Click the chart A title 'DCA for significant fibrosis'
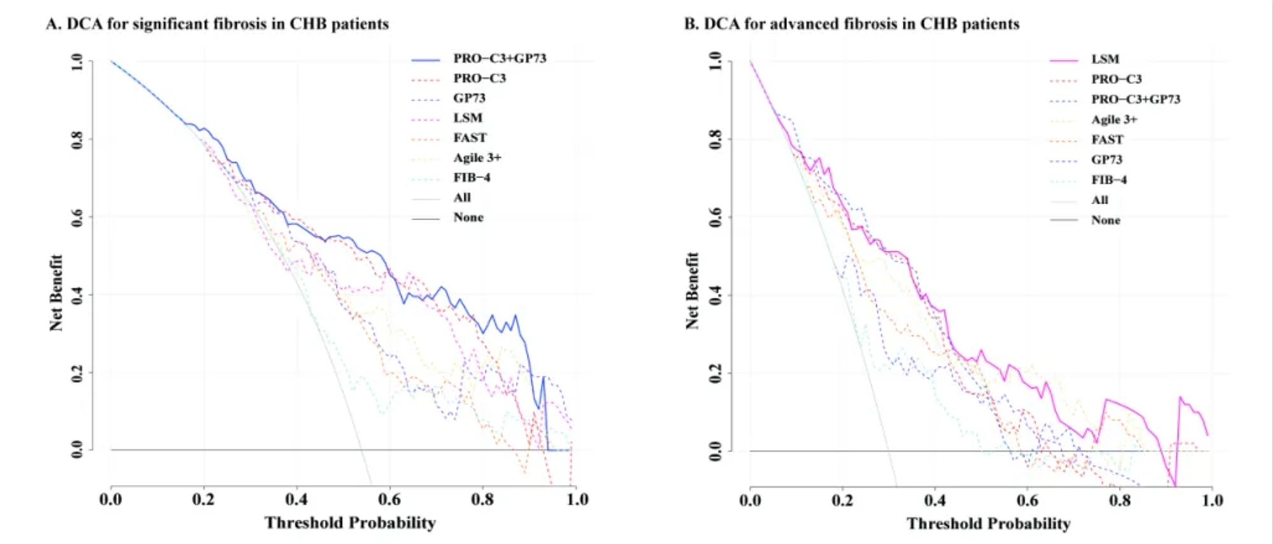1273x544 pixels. point(217,24)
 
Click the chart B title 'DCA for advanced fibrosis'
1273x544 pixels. point(851,24)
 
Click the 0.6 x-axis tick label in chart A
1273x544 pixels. point(389,499)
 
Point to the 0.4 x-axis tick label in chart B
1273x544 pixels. point(935,500)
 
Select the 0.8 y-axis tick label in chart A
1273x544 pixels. point(77,139)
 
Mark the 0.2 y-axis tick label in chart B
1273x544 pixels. point(715,373)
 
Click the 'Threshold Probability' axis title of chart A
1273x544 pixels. point(350,523)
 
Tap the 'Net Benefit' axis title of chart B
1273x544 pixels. point(692,291)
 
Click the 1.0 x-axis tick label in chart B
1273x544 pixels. point(1213,500)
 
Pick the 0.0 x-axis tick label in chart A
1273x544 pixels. point(111,499)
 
